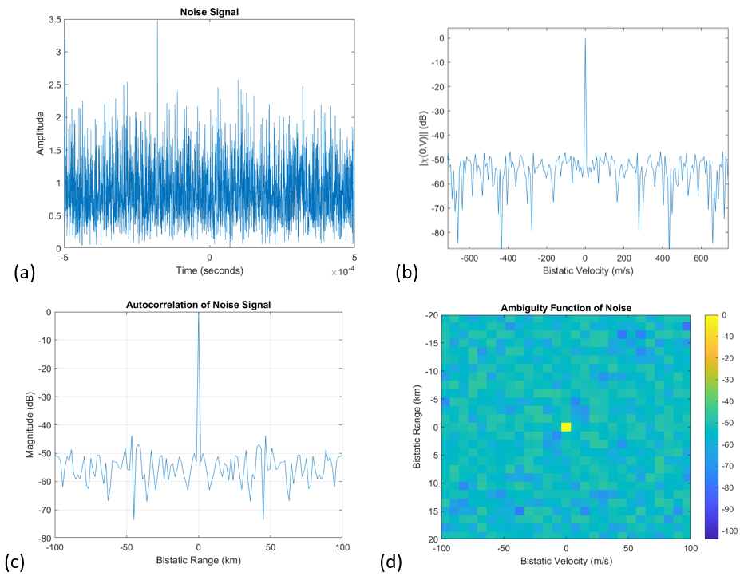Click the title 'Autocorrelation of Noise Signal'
(x=198, y=304)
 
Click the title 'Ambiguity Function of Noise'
(x=565, y=308)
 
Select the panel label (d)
(x=393, y=562)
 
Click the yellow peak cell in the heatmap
(x=566, y=427)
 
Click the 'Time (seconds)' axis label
(x=209, y=270)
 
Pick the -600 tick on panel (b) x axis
(x=468, y=258)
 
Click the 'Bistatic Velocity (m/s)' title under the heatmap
(x=565, y=562)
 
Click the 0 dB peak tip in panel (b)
(x=585, y=38)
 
